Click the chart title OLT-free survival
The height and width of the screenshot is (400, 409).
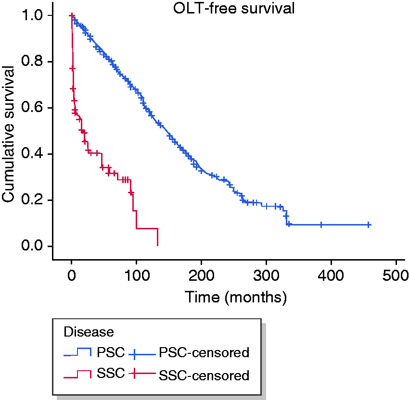point(234,8)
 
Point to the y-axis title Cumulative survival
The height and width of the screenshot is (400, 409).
point(8,134)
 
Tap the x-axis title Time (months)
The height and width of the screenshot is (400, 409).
point(236,297)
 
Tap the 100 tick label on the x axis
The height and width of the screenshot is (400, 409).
point(137,275)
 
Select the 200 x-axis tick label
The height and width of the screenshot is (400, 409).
point(201,275)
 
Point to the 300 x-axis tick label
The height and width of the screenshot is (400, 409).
point(266,275)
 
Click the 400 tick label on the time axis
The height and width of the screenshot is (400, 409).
point(331,275)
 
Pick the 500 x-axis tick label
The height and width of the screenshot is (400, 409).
point(396,275)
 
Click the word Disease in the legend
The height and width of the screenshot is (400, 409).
point(89,332)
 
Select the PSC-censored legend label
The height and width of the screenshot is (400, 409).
point(204,352)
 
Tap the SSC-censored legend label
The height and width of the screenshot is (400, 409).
point(204,375)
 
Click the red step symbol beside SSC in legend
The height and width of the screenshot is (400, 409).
point(77,374)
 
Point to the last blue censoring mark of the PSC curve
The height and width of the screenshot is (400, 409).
point(369,225)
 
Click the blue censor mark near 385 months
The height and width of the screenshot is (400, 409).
point(321,225)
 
